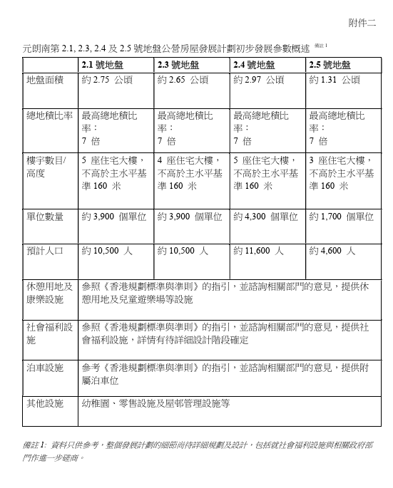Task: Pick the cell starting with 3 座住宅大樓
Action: point(341,172)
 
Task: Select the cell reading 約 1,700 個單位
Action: point(341,217)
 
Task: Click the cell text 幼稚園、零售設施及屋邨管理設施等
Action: point(156,403)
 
